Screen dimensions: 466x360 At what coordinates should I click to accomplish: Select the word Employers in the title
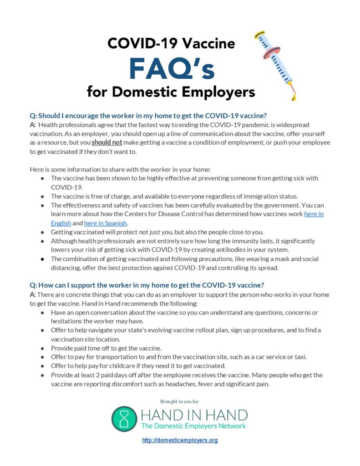[x=213, y=92]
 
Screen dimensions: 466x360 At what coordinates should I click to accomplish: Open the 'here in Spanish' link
[x=106, y=223]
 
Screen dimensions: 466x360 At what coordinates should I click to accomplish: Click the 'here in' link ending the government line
[x=314, y=214]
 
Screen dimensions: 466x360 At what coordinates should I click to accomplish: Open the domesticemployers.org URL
[x=180, y=441]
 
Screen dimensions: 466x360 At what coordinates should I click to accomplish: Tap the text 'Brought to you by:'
[x=180, y=401]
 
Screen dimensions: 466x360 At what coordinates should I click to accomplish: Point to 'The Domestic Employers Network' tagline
[x=193, y=426]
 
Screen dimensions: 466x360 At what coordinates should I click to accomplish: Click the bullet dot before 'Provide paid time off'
[x=42, y=348]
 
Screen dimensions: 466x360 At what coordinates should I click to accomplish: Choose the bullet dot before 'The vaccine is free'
[x=42, y=196]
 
